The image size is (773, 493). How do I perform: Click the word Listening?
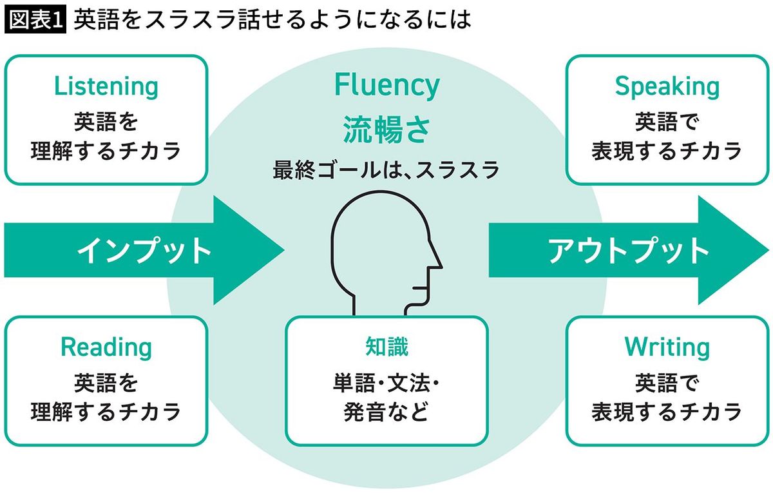106,86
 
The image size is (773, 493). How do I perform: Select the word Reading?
106,347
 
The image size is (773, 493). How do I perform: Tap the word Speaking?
667,86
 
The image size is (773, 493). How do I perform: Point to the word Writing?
667,347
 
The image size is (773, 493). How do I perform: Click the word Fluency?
386,85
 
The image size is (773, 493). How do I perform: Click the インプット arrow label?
144,250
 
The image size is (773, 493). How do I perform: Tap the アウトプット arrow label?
629,250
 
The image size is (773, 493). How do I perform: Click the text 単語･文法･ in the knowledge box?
386,383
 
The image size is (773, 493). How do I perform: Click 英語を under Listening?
106,122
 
